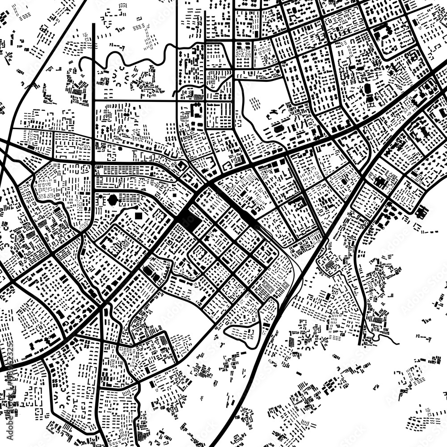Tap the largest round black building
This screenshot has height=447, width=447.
click(x=112, y=199)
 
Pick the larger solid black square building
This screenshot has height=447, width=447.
click(x=138, y=216)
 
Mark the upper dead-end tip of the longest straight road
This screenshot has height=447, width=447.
click(x=93, y=25)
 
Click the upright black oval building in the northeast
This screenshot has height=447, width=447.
click(x=367, y=89)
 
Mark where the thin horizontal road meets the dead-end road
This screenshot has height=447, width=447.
click(x=93, y=101)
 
